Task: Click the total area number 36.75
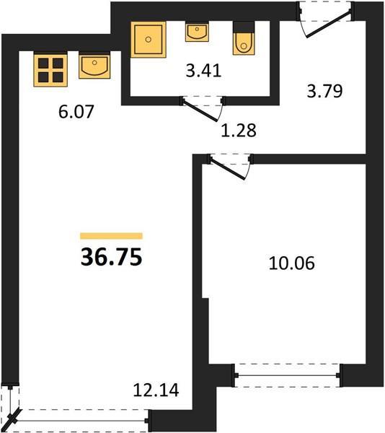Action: point(112,257)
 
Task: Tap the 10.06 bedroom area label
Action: point(291,263)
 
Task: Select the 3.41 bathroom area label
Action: point(203,71)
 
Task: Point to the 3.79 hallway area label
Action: point(324,91)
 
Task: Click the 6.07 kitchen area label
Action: point(76,112)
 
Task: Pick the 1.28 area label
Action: point(239,131)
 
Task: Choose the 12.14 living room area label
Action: point(156,390)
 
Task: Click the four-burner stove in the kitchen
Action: point(50,70)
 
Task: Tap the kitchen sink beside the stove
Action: point(94,66)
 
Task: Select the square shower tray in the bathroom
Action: point(149,40)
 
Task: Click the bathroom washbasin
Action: point(197,32)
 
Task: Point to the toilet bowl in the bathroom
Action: point(244,43)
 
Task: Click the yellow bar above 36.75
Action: point(112,236)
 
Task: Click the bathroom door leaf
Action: point(200,111)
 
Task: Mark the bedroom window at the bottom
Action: point(287,375)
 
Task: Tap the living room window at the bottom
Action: point(81,421)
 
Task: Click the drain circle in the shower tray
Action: point(149,39)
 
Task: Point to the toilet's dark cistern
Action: point(244,27)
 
